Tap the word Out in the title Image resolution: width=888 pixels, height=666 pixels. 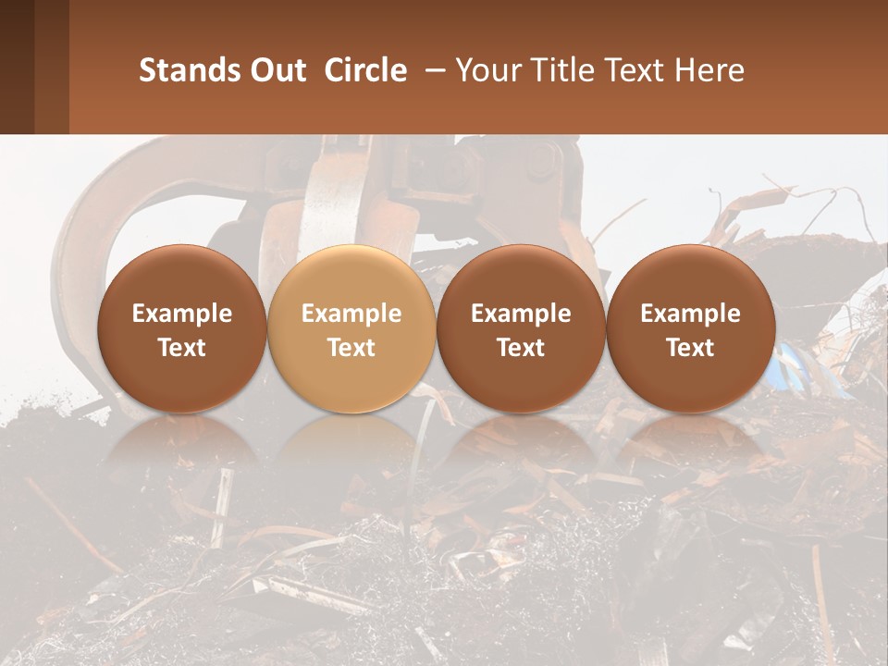(x=277, y=70)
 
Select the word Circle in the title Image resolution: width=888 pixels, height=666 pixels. (x=365, y=70)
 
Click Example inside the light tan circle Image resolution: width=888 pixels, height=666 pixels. (x=351, y=314)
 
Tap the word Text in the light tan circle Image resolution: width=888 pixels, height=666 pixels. (x=351, y=348)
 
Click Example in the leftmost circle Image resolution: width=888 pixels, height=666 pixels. (x=181, y=314)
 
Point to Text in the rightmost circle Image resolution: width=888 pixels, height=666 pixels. (x=690, y=348)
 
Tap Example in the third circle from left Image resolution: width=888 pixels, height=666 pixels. (x=521, y=314)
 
